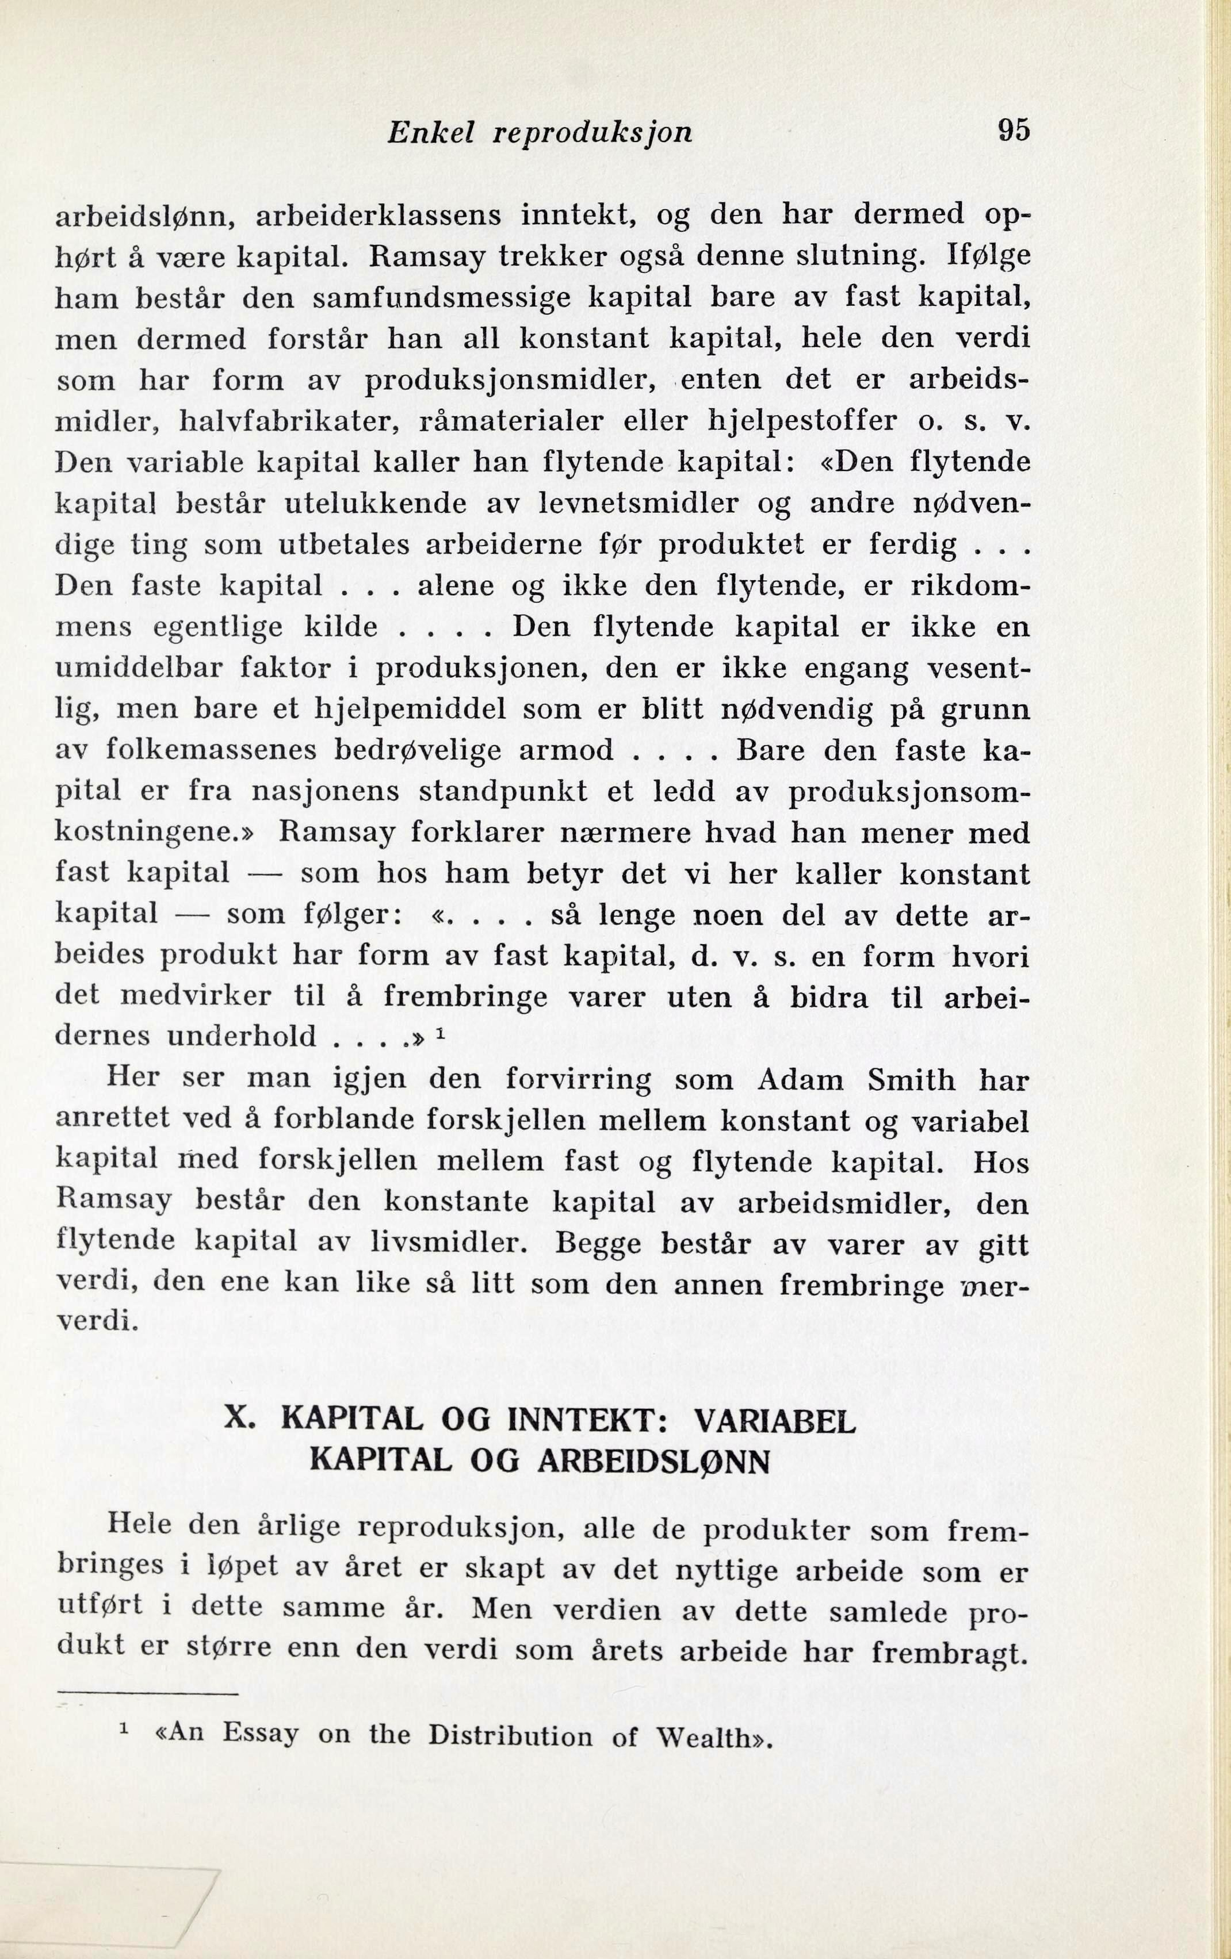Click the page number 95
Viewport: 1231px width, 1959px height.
pos(1014,129)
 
